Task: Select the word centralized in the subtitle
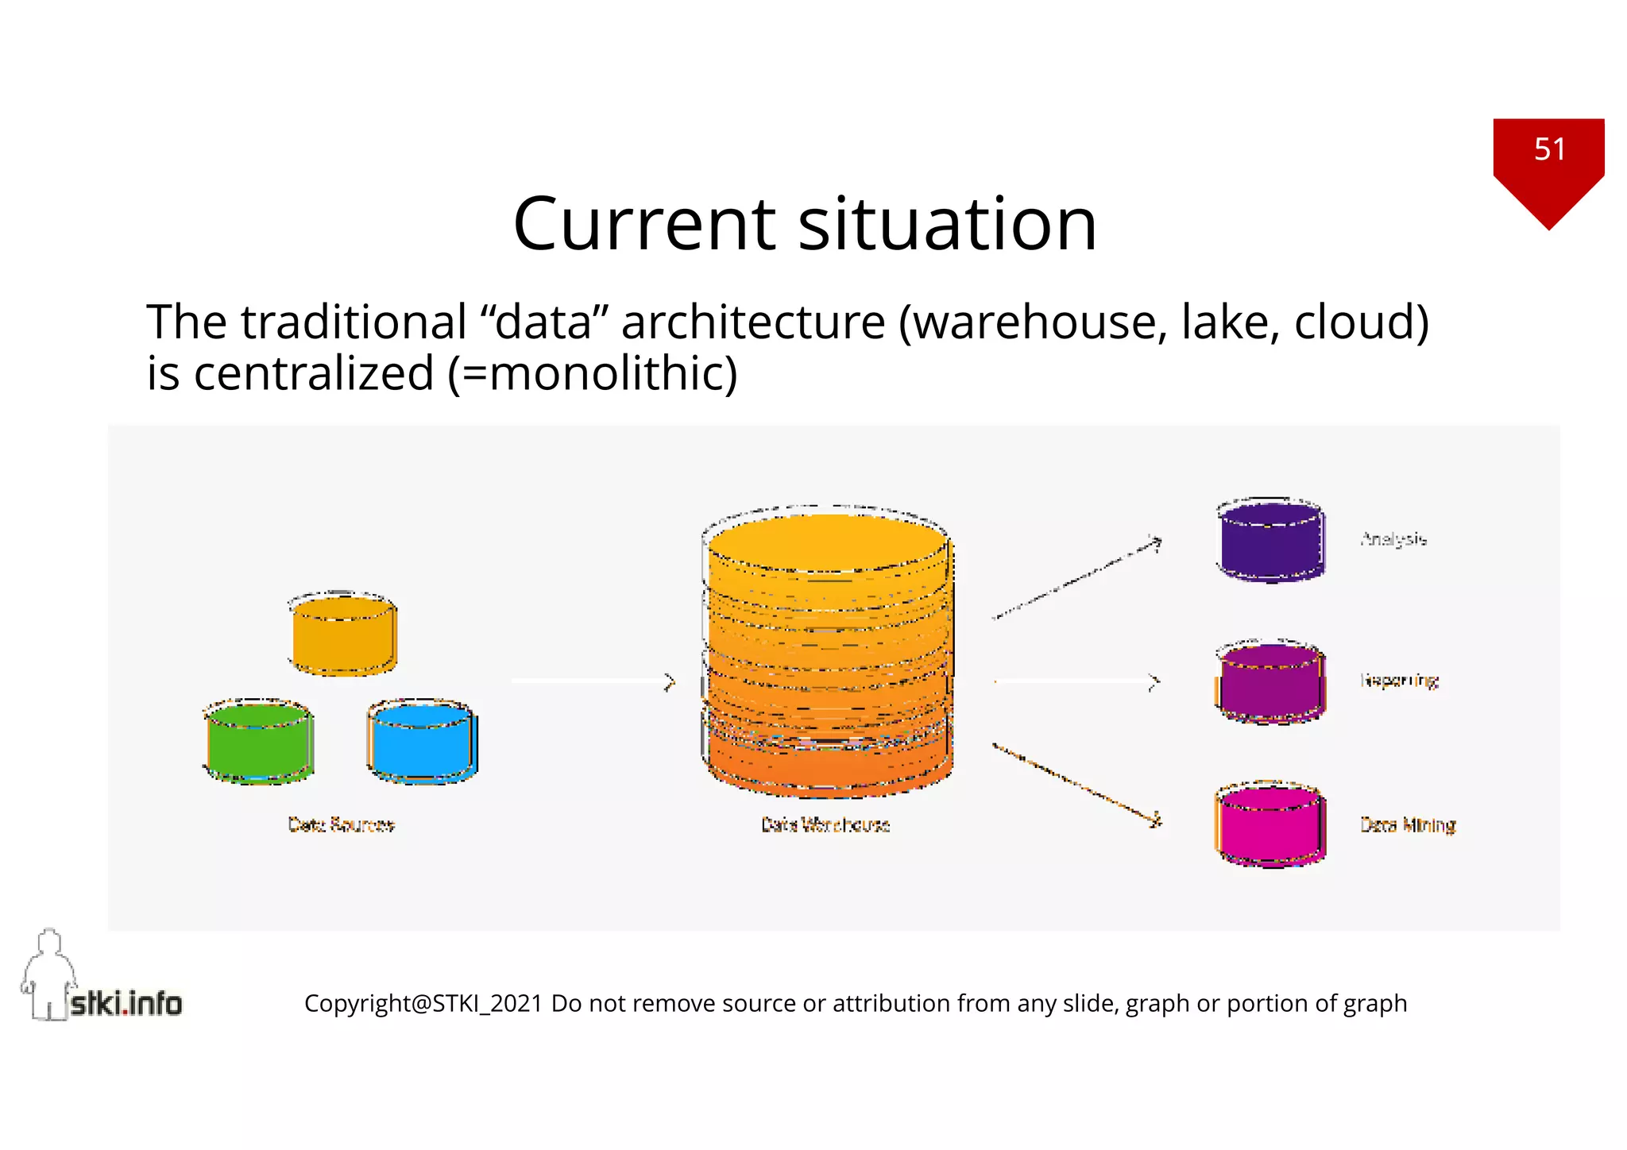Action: pyautogui.click(x=314, y=374)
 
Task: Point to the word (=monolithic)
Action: pyautogui.click(x=593, y=374)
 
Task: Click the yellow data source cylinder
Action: pyautogui.click(x=343, y=635)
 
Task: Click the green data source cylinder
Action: pyautogui.click(x=258, y=743)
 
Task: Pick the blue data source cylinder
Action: pyautogui.click(x=423, y=743)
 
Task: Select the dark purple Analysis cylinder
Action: pyautogui.click(x=1271, y=540)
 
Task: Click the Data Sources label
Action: pyautogui.click(x=341, y=824)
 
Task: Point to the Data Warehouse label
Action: pyautogui.click(x=825, y=824)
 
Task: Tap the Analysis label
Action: pyautogui.click(x=1393, y=539)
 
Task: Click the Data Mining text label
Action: pyautogui.click(x=1408, y=825)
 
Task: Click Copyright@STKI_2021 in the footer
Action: pyautogui.click(x=423, y=1004)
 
